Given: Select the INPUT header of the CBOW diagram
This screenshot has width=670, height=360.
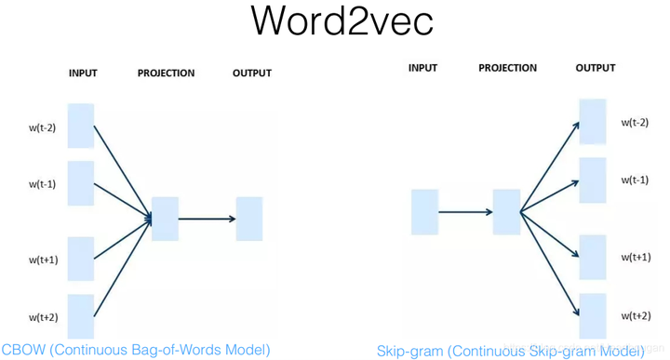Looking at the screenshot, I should click(x=83, y=73).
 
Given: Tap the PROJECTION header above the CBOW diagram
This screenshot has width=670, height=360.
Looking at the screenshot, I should click(x=167, y=73).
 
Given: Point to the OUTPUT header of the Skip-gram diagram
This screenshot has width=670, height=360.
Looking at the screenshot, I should click(x=596, y=68).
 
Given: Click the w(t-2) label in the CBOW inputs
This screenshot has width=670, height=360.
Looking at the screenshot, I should click(x=42, y=128).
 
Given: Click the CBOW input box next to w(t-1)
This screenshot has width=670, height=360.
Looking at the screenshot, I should click(x=81, y=183).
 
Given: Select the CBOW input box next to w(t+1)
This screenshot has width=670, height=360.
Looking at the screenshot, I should click(x=81, y=259).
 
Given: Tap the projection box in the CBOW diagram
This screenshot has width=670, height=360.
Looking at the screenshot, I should click(x=165, y=219).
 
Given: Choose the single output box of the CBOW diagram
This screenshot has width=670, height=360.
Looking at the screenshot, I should click(x=249, y=219).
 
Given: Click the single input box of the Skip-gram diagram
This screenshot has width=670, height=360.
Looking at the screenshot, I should click(x=425, y=211).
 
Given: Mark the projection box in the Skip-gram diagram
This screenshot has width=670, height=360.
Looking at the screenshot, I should click(x=506, y=211).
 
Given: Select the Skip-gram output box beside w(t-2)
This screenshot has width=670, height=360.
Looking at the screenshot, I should click(x=593, y=122).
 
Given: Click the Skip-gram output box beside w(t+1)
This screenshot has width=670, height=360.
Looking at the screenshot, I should click(x=593, y=258).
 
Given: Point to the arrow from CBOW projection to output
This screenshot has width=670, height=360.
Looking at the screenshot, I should click(x=207, y=220).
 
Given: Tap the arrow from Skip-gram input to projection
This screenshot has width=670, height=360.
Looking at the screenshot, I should click(x=465, y=212).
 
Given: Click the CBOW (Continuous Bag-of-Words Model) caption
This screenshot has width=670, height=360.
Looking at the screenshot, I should click(x=136, y=350).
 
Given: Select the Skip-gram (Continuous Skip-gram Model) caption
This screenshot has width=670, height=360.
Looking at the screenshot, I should click(x=510, y=351).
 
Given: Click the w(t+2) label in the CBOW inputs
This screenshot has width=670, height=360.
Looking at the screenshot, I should click(x=43, y=317).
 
